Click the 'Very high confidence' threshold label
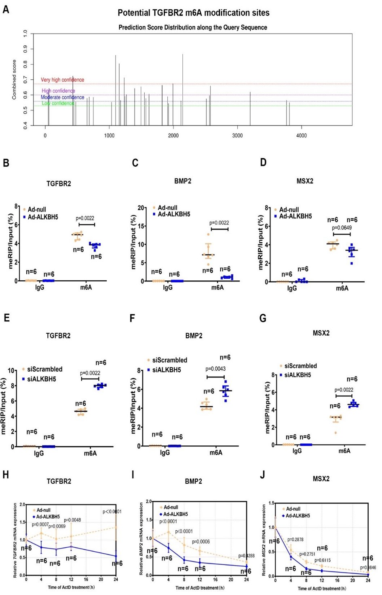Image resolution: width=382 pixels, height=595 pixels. click(x=62, y=80)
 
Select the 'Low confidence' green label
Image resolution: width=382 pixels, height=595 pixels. click(x=58, y=103)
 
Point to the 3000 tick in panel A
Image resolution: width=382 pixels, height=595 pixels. click(x=237, y=136)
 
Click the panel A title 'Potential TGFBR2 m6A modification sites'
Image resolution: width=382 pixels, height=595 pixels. click(x=193, y=13)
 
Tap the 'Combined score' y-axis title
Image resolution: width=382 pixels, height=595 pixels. click(x=14, y=79)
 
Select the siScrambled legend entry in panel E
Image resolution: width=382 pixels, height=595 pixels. click(x=44, y=369)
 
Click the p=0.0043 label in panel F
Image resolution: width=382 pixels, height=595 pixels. click(x=215, y=369)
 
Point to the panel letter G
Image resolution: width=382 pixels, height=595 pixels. click(x=263, y=319)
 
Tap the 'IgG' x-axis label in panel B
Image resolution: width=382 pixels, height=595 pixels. click(x=40, y=288)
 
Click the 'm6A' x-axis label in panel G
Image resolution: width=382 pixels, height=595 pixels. click(x=344, y=451)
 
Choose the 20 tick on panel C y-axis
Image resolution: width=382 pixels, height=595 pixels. click(x=141, y=208)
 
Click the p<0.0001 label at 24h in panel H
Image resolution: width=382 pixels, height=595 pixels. click(x=112, y=512)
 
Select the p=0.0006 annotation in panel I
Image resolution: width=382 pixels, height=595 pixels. click(x=201, y=542)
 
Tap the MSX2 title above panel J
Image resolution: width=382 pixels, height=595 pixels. click(x=321, y=479)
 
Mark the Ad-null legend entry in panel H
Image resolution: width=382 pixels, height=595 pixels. click(x=43, y=510)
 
